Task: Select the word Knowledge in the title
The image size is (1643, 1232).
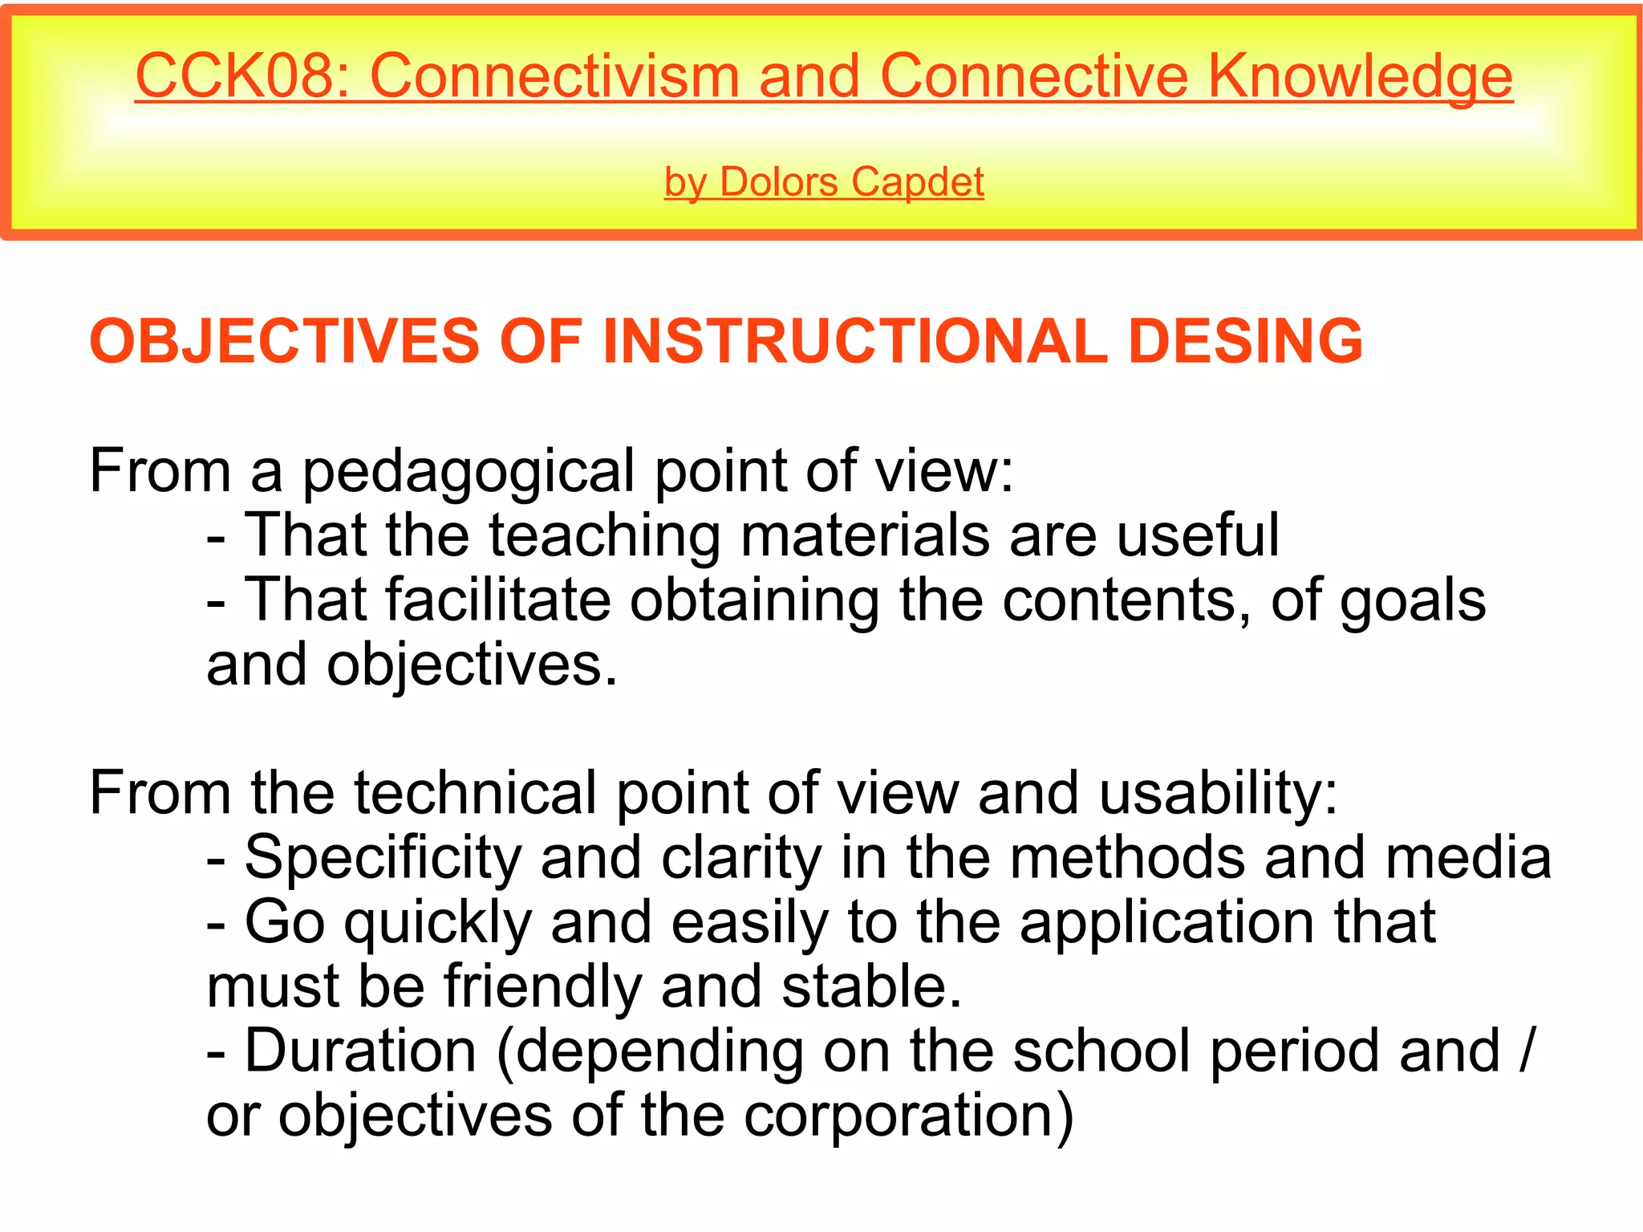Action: [x=1360, y=76]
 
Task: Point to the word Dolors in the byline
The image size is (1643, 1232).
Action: [x=779, y=182]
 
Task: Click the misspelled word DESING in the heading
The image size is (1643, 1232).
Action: [x=1245, y=341]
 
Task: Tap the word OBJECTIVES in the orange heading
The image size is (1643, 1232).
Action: [x=285, y=341]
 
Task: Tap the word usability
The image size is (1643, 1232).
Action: [x=1217, y=793]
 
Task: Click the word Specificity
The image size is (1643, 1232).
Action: [x=383, y=858]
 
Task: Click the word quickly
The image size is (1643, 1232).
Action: [x=438, y=923]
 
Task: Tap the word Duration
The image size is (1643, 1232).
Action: [x=361, y=1051]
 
